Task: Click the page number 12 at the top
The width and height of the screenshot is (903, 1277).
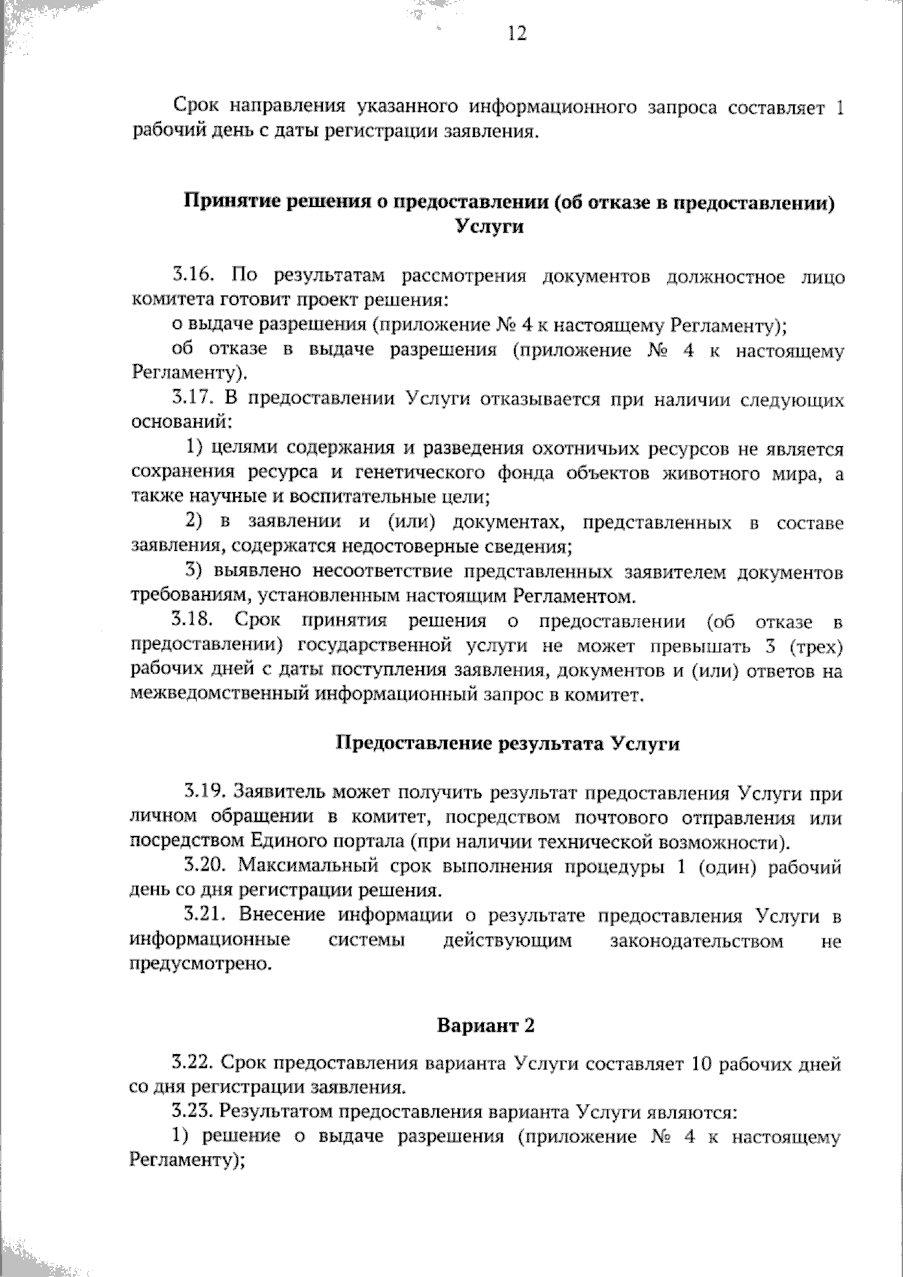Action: click(517, 35)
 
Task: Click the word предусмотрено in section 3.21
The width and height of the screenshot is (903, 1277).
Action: click(199, 965)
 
